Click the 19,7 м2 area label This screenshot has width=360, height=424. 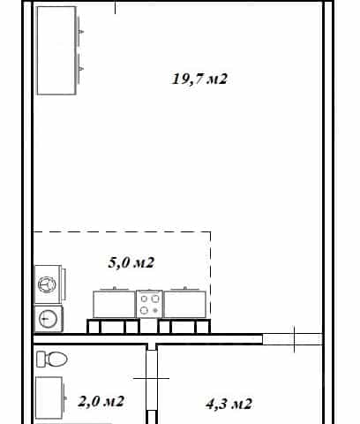point(199,79)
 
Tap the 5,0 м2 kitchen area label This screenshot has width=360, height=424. point(131,262)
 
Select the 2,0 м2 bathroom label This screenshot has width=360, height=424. point(101,401)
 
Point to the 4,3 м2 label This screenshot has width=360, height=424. point(229,404)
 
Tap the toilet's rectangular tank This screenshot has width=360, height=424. point(41,359)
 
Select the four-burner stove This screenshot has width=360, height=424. point(149,304)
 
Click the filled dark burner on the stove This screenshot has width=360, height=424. point(155,310)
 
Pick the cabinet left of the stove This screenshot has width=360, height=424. point(114,304)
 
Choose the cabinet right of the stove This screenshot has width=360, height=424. point(185,304)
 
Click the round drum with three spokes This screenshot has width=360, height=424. point(47,284)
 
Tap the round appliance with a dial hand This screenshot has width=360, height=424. point(48,319)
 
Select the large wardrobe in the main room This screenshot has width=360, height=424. point(56,50)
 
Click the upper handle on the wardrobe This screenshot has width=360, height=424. point(81,32)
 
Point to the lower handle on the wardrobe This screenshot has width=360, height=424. point(81,69)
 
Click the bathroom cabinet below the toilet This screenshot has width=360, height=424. point(49,397)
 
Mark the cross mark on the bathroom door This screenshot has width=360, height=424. point(152,378)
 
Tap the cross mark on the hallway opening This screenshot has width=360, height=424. point(294,339)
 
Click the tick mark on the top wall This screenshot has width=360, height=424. point(115,7)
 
